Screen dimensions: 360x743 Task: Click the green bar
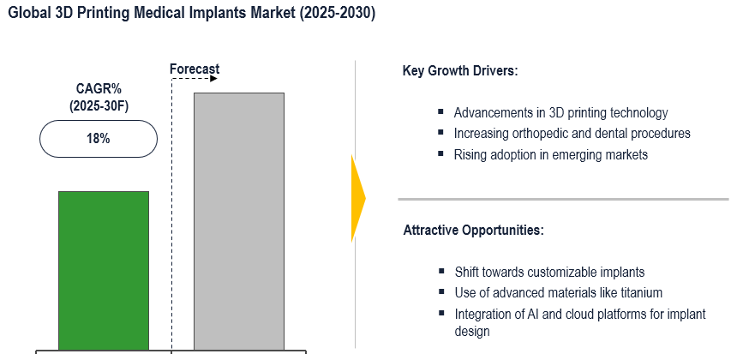click(x=104, y=270)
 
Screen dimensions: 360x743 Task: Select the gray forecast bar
click(x=239, y=221)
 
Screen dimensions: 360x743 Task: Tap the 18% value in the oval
click(x=98, y=139)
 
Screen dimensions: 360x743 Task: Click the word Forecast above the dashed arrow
click(x=195, y=69)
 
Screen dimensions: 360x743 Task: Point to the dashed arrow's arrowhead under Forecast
click(x=213, y=79)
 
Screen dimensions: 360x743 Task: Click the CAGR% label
click(x=98, y=88)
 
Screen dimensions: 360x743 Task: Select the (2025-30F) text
click(x=98, y=105)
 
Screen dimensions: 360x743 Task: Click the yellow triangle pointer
click(x=358, y=198)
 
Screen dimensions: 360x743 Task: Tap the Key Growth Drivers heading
click(x=460, y=70)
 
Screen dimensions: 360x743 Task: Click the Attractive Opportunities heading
click(x=473, y=231)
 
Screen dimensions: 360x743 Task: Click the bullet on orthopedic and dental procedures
click(x=572, y=134)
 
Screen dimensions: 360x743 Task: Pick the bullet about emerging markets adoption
click(x=550, y=155)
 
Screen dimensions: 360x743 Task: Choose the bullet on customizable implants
click(x=549, y=272)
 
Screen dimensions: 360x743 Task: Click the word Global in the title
click(x=28, y=15)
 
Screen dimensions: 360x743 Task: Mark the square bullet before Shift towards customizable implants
click(x=440, y=272)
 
